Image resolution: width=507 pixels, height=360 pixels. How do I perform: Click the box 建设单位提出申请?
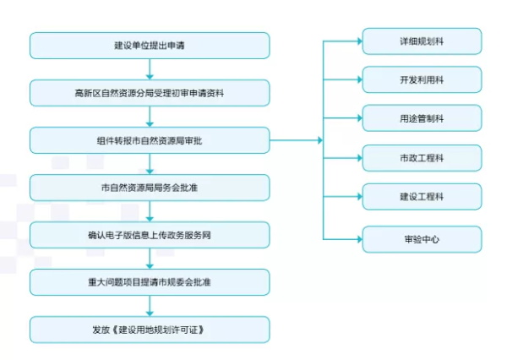tap(150, 46)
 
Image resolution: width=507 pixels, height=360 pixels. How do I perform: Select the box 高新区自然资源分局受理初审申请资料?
tap(150, 93)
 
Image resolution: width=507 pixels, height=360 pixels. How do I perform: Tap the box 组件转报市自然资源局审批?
tap(150, 140)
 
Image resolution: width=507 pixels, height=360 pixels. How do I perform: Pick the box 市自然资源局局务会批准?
tap(150, 188)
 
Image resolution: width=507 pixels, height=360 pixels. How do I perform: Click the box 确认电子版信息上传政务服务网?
tap(150, 235)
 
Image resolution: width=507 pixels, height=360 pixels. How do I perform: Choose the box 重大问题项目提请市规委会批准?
tap(150, 282)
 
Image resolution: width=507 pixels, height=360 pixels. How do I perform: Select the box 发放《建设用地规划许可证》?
tap(150, 330)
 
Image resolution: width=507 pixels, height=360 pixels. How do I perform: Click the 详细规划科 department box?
tap(422, 41)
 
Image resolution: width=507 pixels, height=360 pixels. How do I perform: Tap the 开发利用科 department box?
tap(422, 79)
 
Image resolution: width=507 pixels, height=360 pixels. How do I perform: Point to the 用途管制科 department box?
tap(422, 118)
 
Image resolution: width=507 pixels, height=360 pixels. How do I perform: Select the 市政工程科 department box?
tap(422, 158)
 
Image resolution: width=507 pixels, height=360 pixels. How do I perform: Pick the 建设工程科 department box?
tap(422, 196)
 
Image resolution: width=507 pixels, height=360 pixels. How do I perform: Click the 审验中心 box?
tap(422, 239)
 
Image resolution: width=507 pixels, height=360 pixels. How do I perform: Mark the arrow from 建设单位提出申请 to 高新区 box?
tap(150, 69)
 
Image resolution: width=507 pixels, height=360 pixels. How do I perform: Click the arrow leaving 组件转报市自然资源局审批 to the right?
tap(297, 140)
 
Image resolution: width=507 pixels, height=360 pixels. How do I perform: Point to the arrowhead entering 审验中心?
tap(360, 239)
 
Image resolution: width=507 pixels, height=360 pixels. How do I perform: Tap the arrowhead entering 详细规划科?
tap(360, 41)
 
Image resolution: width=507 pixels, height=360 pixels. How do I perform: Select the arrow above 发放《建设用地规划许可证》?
tap(150, 306)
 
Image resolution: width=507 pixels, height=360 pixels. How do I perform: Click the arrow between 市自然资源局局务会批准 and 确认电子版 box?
tap(150, 211)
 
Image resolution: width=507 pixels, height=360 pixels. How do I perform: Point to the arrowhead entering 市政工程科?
tap(360, 158)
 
